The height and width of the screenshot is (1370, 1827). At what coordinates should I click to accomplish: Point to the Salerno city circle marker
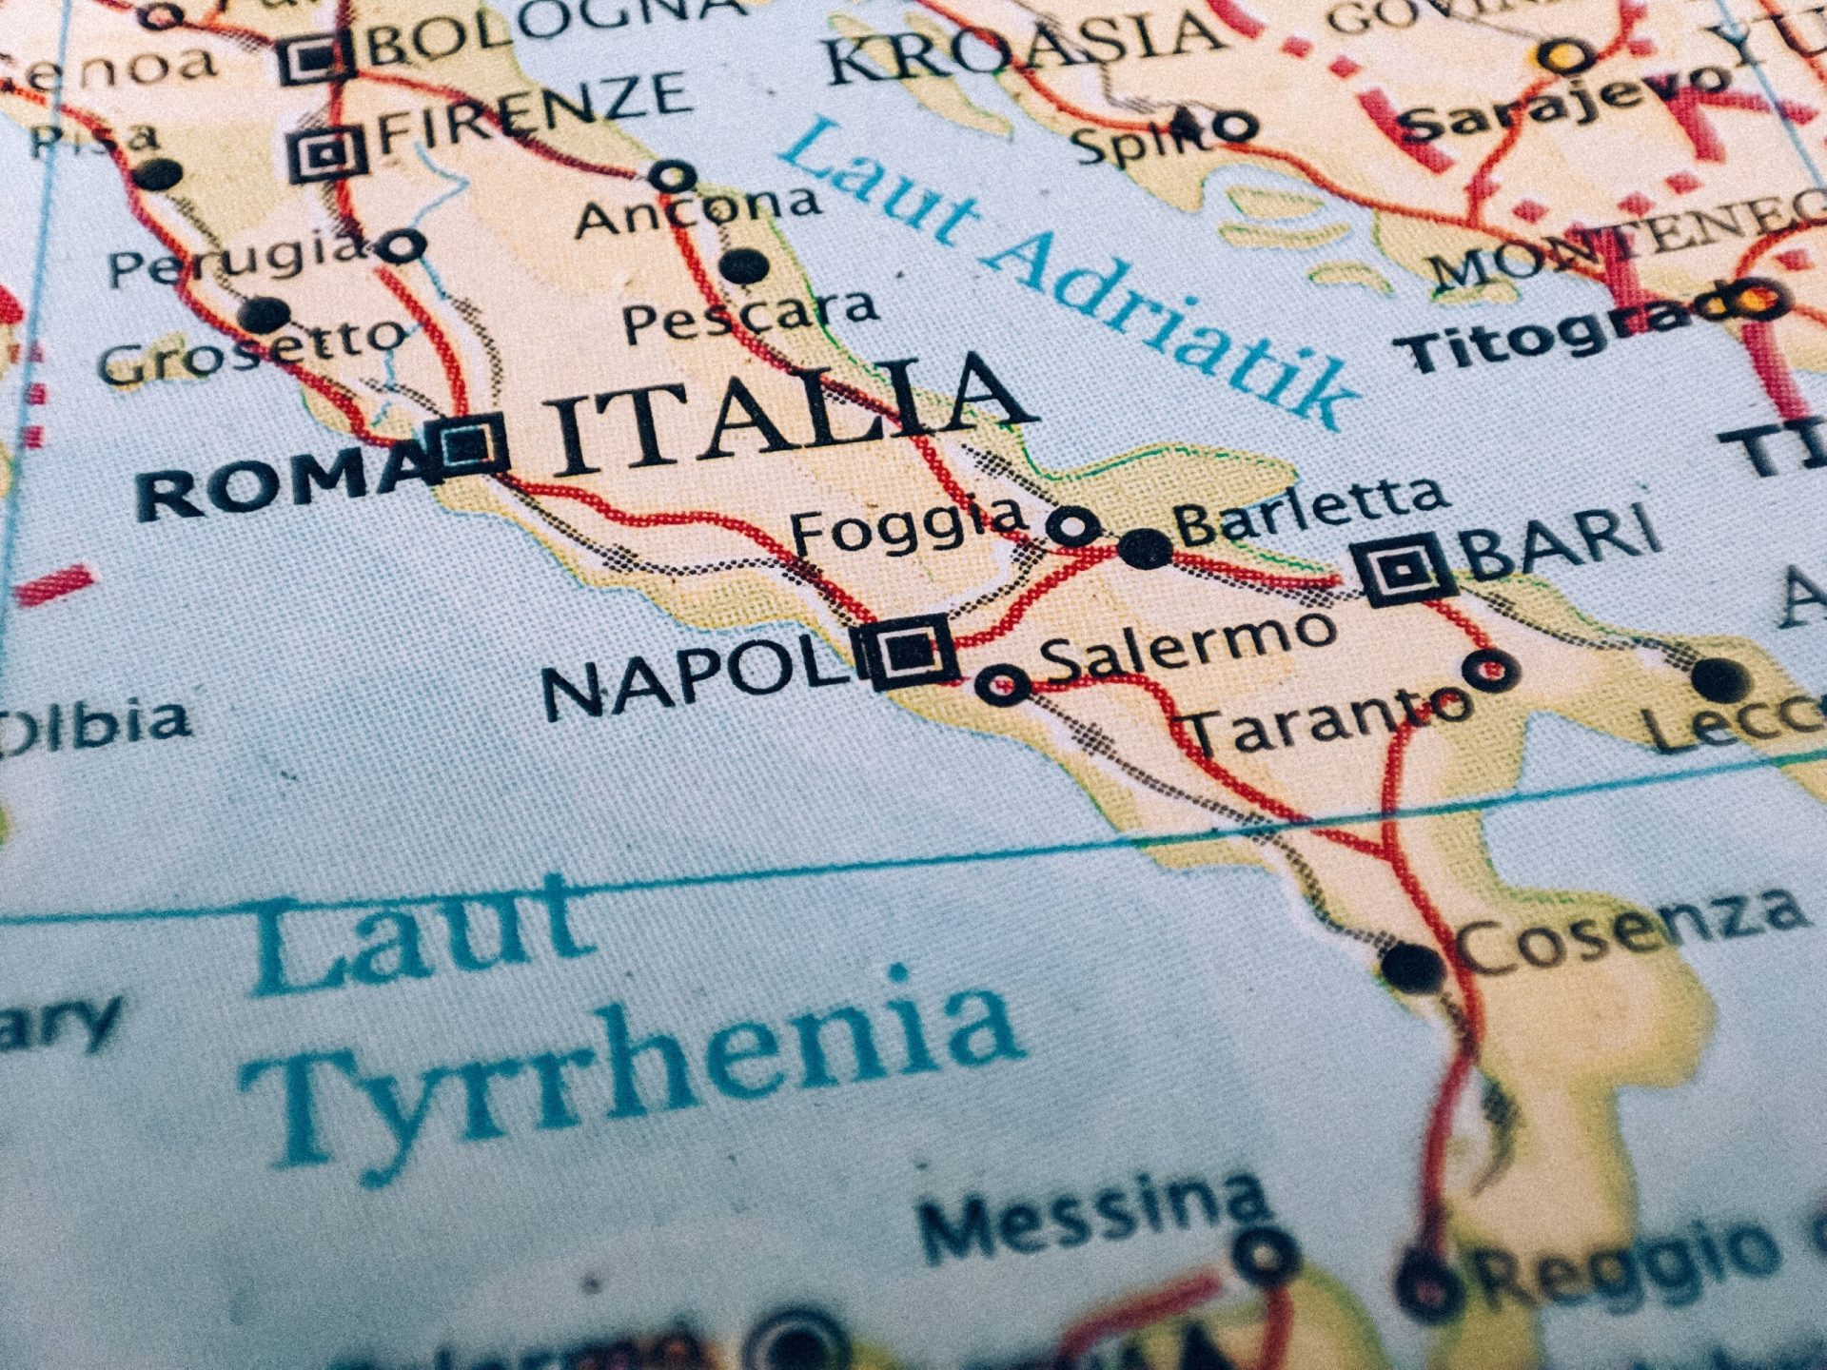[x=1002, y=684]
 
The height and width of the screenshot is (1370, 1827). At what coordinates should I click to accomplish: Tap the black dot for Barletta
[x=1146, y=549]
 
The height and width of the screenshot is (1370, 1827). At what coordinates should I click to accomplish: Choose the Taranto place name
[x=1323, y=721]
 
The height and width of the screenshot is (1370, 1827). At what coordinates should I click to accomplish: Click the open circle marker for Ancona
[x=674, y=176]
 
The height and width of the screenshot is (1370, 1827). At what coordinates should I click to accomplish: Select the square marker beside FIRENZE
[x=326, y=152]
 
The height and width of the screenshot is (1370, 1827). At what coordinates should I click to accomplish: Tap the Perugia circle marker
[x=403, y=246]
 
